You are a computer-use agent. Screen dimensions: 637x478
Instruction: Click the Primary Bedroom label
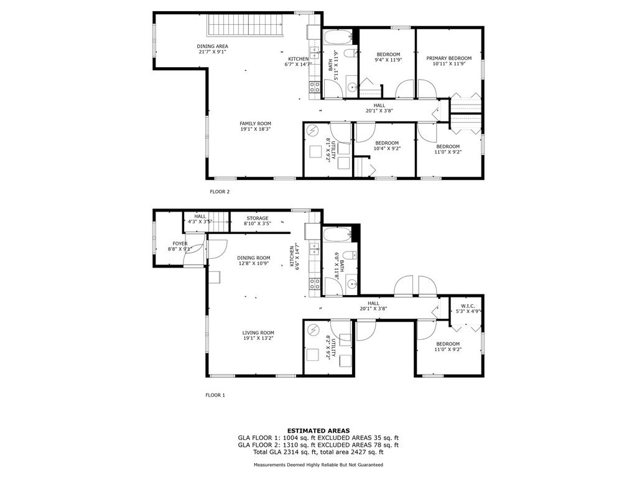(449, 59)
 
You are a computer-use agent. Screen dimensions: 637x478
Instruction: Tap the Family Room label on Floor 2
(255, 124)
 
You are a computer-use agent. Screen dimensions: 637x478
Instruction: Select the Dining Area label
(213, 46)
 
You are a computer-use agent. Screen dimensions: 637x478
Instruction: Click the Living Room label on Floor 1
(258, 332)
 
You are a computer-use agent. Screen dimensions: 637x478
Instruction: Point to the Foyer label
(180, 244)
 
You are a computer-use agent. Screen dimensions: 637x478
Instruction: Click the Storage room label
(258, 218)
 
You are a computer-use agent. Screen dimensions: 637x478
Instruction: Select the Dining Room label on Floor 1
(254, 258)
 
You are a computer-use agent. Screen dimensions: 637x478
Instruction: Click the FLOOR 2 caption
(220, 192)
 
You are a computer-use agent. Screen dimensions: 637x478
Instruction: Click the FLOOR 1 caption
(215, 395)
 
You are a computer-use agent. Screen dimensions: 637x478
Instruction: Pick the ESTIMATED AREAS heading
(318, 431)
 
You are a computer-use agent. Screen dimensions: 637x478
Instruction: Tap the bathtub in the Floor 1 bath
(337, 235)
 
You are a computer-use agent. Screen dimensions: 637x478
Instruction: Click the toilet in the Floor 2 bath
(350, 54)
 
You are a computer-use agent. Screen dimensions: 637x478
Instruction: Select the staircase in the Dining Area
(245, 25)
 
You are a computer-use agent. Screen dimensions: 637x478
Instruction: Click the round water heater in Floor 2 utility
(313, 131)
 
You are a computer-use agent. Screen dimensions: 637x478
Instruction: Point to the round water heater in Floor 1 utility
(313, 330)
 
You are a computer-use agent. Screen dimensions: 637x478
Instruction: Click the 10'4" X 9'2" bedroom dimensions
(387, 149)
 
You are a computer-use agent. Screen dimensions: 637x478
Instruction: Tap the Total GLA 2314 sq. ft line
(318, 452)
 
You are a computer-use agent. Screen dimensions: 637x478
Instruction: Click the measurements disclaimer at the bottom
(318, 464)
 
